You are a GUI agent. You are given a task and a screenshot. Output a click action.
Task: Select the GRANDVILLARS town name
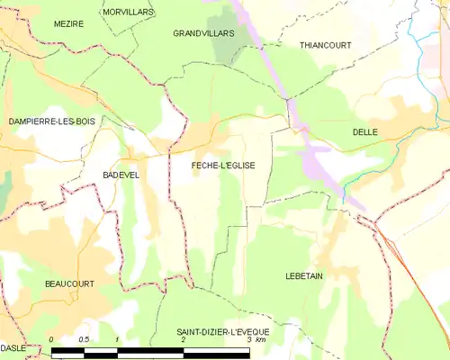(x=203, y=32)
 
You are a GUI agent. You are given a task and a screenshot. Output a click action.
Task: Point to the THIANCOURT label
(x=325, y=44)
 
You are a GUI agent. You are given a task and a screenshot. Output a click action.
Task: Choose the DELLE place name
(x=364, y=132)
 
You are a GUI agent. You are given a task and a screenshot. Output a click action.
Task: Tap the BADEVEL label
(x=121, y=175)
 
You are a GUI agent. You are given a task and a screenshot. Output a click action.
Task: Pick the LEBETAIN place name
(x=303, y=275)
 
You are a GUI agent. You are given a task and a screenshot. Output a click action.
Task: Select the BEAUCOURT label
(x=69, y=283)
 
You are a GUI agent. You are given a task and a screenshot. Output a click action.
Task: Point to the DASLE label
(x=13, y=347)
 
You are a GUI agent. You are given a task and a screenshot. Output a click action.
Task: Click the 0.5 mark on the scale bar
(x=84, y=339)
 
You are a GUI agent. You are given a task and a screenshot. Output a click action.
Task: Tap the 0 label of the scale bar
(x=52, y=339)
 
